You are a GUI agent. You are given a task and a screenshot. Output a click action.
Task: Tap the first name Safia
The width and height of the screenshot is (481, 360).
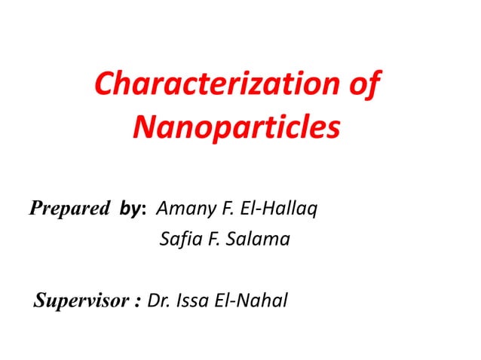point(179,241)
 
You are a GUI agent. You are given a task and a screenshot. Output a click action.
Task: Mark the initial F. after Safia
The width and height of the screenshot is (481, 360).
point(212,241)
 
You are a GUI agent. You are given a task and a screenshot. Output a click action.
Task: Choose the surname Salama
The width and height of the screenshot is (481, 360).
point(256,241)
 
